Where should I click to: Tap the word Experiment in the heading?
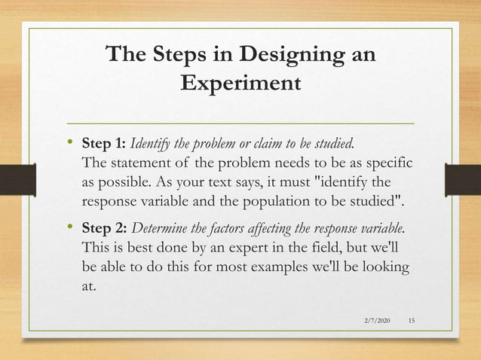point(240,82)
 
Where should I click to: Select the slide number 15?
point(411,322)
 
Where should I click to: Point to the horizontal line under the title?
point(240,122)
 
